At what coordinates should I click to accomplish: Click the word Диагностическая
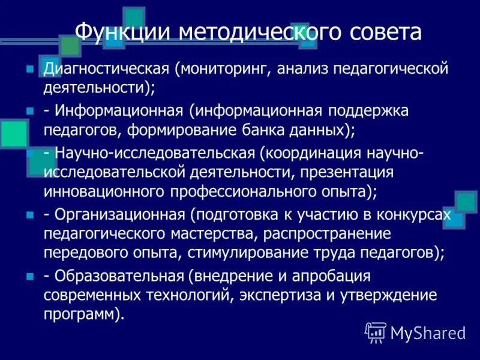(x=106, y=68)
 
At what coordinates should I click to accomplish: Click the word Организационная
(x=120, y=214)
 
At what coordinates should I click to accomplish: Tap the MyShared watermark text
(x=428, y=332)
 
